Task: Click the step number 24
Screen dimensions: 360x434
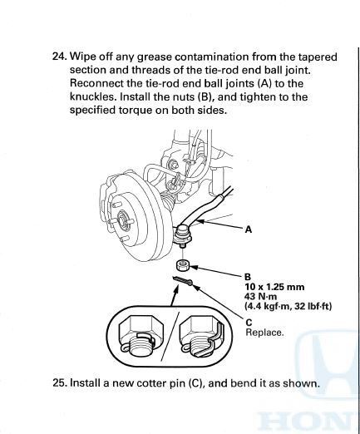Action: pyautogui.click(x=60, y=57)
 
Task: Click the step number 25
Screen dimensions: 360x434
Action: pyautogui.click(x=60, y=383)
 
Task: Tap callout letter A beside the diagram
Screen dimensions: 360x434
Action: pyautogui.click(x=249, y=229)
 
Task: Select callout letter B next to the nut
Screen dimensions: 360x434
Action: pyautogui.click(x=248, y=277)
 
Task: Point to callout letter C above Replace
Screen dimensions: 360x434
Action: pyautogui.click(x=249, y=323)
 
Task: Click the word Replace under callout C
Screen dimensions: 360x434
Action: pyautogui.click(x=264, y=333)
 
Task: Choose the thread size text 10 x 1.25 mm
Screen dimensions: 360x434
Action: pyautogui.click(x=274, y=287)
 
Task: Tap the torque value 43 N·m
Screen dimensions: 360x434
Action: pyautogui.click(x=260, y=297)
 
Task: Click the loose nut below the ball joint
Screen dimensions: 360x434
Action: pyautogui.click(x=183, y=266)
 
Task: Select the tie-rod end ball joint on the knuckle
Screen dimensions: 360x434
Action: pyautogui.click(x=182, y=235)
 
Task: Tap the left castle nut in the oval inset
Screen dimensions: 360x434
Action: pyautogui.click(x=136, y=336)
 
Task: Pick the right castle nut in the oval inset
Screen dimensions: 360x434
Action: pyautogui.click(x=200, y=336)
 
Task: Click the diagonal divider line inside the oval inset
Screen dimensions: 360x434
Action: pyautogui.click(x=170, y=336)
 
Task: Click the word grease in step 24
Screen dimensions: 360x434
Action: pyautogui.click(x=155, y=57)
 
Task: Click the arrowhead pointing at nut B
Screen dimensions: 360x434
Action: pyautogui.click(x=193, y=268)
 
